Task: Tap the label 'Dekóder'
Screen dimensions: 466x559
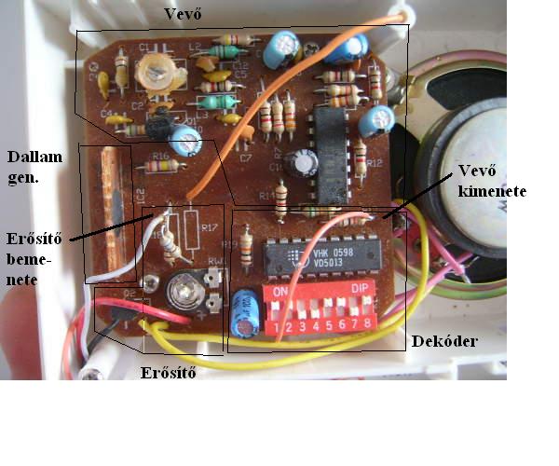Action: (x=445, y=342)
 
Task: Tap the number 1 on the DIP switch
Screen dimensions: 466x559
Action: (x=277, y=328)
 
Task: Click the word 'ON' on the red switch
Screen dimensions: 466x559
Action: (x=279, y=291)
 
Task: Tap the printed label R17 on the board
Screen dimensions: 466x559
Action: (x=209, y=226)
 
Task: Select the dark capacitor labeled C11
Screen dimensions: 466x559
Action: (x=304, y=163)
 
